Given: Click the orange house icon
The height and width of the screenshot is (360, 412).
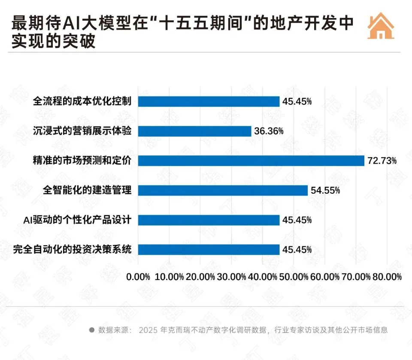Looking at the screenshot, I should (x=381, y=26).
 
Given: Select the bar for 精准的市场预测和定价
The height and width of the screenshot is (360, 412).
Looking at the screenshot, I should (x=251, y=161).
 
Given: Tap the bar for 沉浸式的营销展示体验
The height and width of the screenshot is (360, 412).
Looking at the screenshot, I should (x=194, y=131).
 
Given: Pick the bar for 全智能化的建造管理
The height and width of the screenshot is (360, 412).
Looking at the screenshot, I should (x=223, y=190).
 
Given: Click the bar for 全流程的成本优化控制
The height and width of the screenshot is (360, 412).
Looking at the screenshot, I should (x=209, y=101).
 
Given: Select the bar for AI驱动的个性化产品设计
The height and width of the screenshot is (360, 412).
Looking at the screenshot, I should (x=209, y=220).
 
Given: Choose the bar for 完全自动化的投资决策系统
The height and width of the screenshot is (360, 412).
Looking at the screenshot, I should (x=209, y=250).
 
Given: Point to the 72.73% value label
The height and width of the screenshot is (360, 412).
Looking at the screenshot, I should (x=382, y=161).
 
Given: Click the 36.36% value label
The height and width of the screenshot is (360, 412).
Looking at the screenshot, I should (x=269, y=131).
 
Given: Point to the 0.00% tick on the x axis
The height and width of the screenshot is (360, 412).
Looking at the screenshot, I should (x=138, y=277).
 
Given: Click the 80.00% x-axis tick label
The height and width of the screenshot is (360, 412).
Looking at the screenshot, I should (x=387, y=277).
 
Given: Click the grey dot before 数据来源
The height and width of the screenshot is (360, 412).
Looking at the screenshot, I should (x=91, y=330).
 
